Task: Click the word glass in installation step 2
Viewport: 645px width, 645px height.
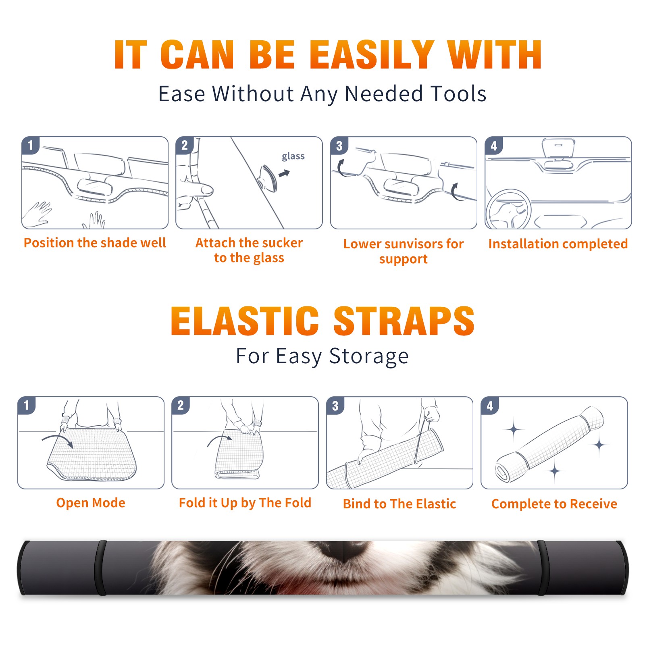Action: (293, 156)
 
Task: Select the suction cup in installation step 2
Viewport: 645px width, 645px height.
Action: (268, 178)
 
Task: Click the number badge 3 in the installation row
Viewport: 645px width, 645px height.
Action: (339, 146)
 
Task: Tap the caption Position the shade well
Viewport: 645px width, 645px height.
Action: (95, 243)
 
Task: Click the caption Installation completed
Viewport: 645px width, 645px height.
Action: (558, 243)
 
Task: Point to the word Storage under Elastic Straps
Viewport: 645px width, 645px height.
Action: (369, 357)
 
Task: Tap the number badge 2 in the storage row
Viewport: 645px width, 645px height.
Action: (180, 405)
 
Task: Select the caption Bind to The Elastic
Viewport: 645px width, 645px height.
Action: (399, 504)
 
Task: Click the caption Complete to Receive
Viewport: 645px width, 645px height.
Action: (554, 504)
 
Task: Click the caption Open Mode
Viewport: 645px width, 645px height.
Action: (91, 503)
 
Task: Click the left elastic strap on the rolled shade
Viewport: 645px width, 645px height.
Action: (101, 568)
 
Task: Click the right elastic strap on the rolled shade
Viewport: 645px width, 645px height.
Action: (542, 568)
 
